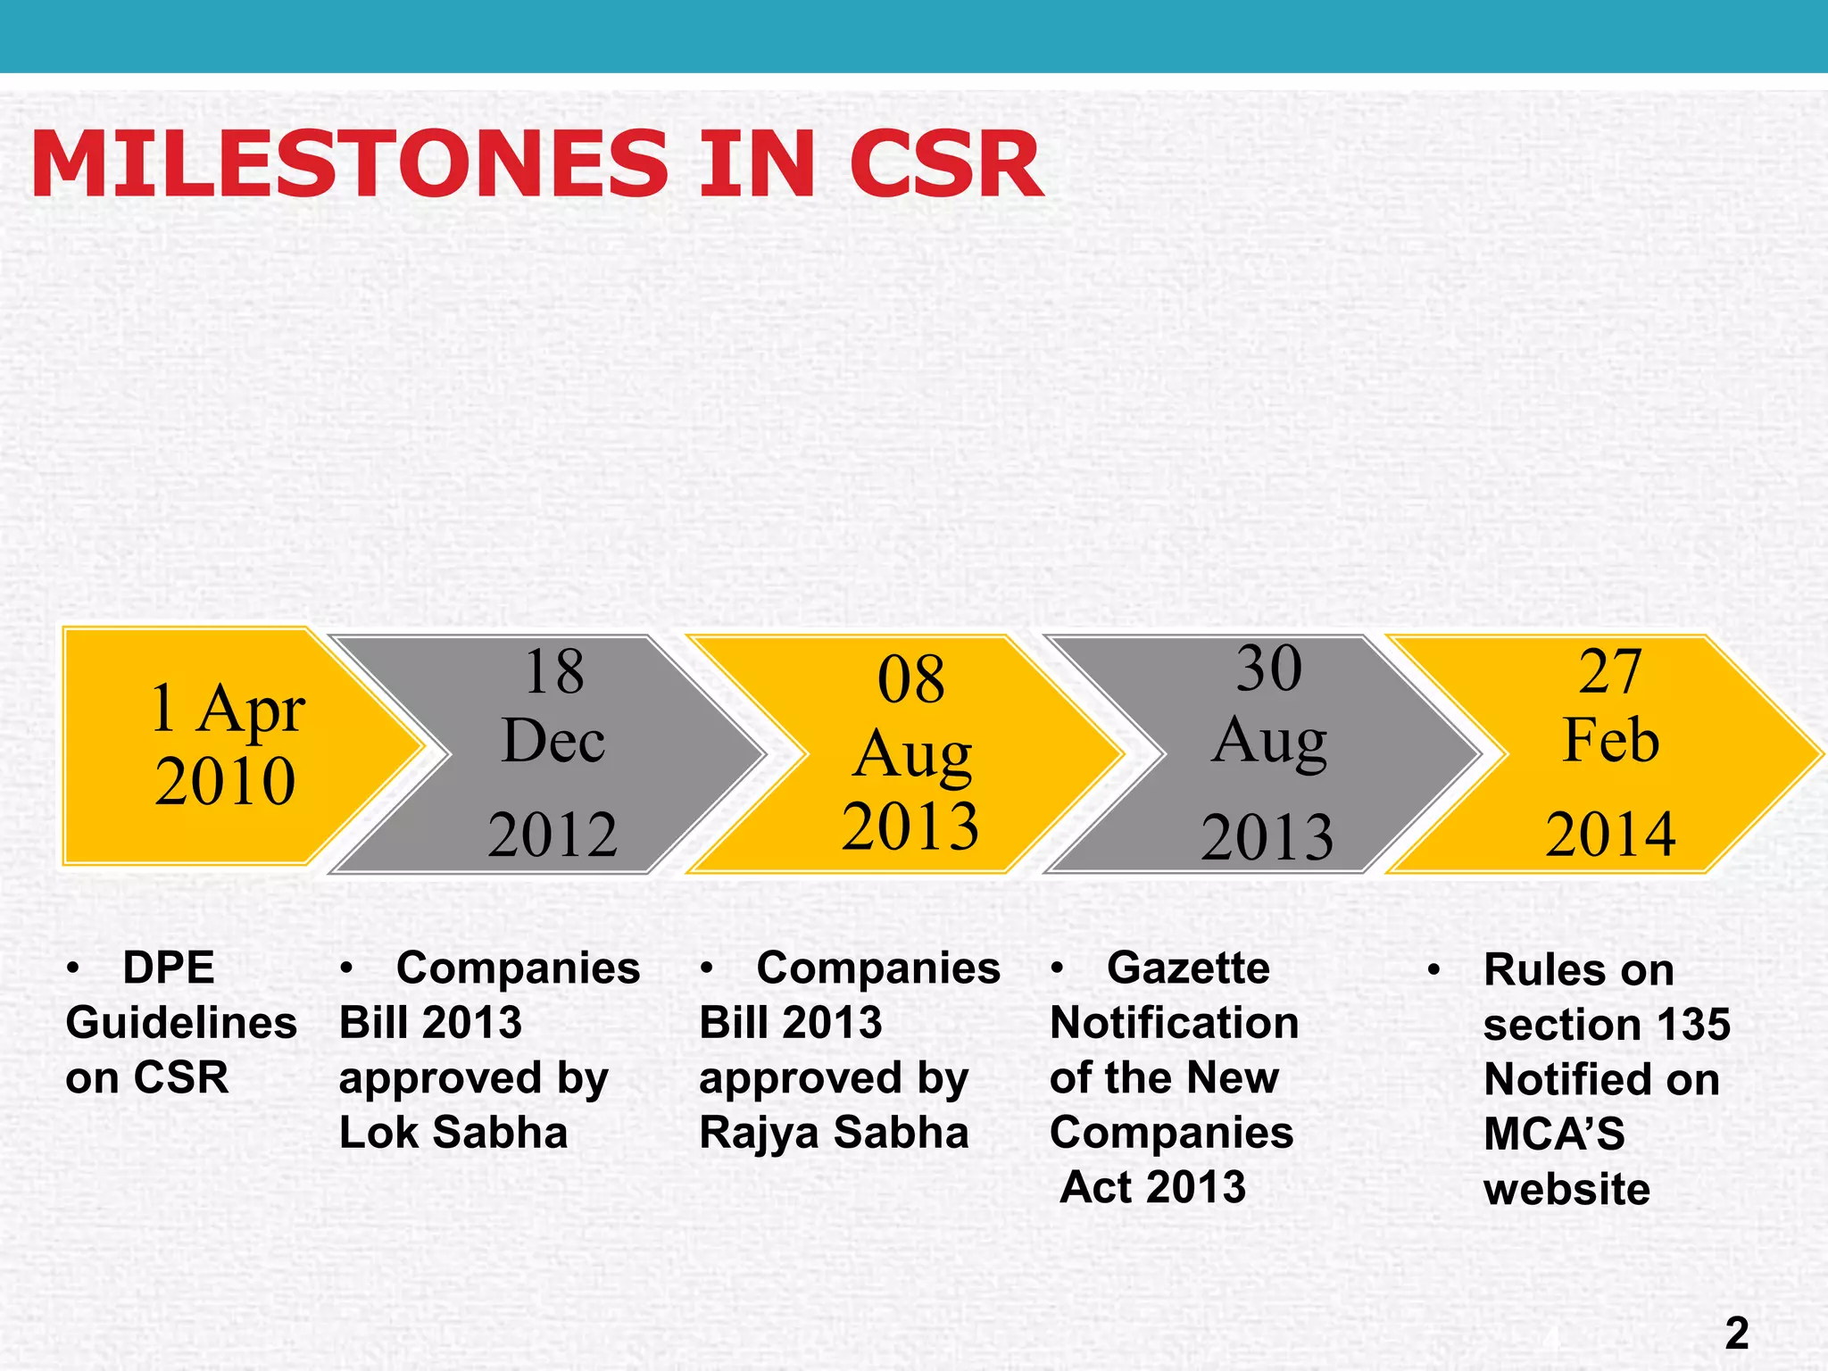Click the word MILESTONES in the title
click(349, 164)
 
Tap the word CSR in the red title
click(946, 164)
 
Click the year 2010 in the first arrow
click(225, 781)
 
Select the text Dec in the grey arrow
click(553, 741)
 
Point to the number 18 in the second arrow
click(554, 671)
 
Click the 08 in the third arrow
click(910, 679)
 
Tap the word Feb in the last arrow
click(1611, 740)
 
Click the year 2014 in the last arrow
click(1611, 834)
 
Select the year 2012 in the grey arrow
click(553, 835)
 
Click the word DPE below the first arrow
click(169, 968)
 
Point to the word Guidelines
click(181, 1023)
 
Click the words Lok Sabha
click(453, 1133)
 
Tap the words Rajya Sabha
click(834, 1133)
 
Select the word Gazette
click(1188, 968)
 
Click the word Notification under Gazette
click(1175, 1023)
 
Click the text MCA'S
click(1554, 1134)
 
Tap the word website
click(1566, 1190)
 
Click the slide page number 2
click(1737, 1334)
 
